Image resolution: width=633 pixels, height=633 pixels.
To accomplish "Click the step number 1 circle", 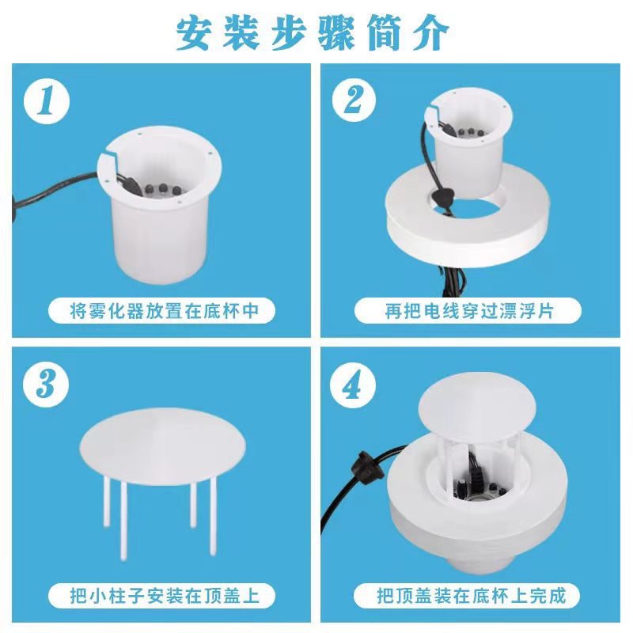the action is [47, 101].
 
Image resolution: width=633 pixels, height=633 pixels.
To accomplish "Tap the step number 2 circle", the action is [354, 100].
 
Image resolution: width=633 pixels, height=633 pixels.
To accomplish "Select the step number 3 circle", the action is [46, 384].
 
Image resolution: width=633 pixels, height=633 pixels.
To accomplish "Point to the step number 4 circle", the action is [352, 385].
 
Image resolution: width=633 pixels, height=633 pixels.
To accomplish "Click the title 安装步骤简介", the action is [313, 32].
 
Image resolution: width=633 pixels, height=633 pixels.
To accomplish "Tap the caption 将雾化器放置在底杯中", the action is [164, 311].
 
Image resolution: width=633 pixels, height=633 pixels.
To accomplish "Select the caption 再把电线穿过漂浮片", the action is [468, 311].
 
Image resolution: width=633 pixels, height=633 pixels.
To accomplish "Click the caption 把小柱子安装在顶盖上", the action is [164, 596].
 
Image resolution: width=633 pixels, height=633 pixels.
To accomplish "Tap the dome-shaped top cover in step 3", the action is [162, 444].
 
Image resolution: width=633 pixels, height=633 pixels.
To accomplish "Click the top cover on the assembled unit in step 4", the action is [477, 407].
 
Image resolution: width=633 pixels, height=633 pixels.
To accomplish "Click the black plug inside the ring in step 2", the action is [440, 196].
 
